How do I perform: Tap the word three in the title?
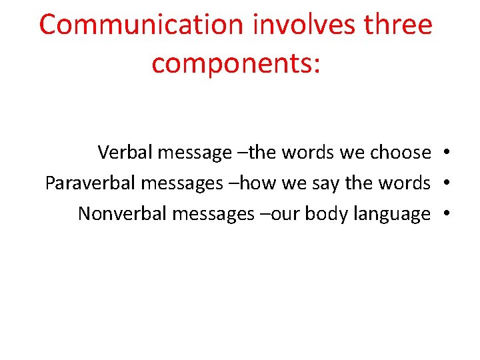[399, 25]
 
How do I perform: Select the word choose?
[400, 153]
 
